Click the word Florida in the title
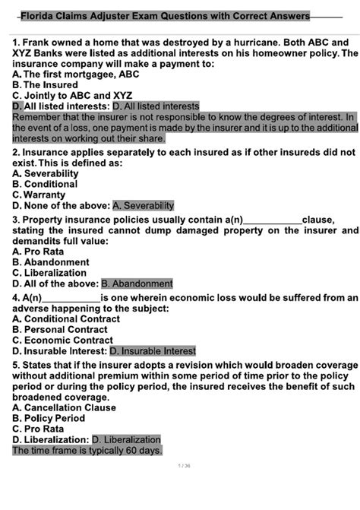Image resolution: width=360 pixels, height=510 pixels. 38,16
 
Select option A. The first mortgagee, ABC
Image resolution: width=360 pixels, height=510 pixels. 76,74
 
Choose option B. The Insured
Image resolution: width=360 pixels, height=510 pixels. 45,85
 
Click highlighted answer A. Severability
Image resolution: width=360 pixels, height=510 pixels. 143,205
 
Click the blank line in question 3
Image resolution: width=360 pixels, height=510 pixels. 270,220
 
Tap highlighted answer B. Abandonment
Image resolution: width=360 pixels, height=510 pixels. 137,284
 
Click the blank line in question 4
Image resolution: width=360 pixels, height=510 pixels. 71,299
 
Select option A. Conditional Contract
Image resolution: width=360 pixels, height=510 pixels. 66,319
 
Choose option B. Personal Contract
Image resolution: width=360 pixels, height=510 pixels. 60,330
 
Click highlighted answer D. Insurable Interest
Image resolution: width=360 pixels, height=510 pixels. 153,351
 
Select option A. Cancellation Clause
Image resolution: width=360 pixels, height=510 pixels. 65,407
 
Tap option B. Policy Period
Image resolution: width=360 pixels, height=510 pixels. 49,418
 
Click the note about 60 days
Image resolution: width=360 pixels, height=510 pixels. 87,450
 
